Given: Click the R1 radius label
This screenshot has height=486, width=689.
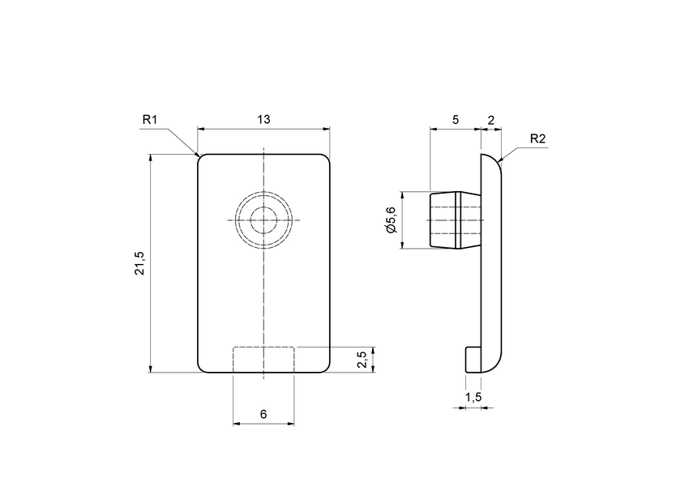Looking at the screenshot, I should [149, 120].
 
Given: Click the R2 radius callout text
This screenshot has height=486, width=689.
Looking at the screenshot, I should [537, 139].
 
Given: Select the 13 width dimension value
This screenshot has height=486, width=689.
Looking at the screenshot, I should [263, 119].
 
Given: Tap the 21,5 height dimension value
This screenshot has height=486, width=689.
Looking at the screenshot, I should [139, 264].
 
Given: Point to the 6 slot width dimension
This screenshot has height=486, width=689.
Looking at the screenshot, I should [263, 414].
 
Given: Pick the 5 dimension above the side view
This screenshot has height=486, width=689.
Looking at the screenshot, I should [456, 119].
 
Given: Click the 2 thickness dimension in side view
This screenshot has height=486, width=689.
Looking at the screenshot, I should [491, 119].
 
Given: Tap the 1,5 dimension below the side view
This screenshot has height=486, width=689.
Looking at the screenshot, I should [475, 396].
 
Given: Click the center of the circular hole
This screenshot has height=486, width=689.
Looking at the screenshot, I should [263, 220].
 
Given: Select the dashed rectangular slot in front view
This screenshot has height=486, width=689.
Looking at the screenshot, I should [263, 360].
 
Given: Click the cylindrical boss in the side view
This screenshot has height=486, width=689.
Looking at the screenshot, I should [454, 220].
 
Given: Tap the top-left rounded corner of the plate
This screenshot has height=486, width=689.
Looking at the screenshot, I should [202, 158].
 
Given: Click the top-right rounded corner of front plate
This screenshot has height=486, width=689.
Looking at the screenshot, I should [327, 158].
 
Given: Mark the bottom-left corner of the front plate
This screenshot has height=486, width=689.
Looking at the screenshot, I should [202, 369].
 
